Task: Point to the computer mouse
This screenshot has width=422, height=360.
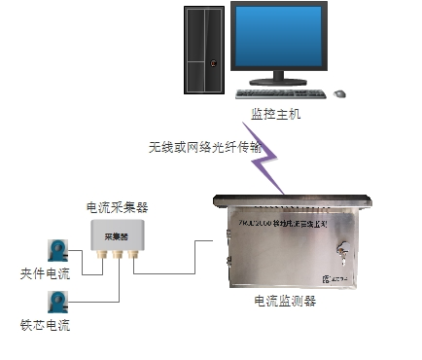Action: tap(339, 93)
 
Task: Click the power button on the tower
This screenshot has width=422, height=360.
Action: tap(215, 65)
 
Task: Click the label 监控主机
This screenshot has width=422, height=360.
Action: tap(276, 114)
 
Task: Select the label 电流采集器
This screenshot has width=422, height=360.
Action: tap(117, 206)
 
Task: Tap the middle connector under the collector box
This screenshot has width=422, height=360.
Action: tap(117, 257)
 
